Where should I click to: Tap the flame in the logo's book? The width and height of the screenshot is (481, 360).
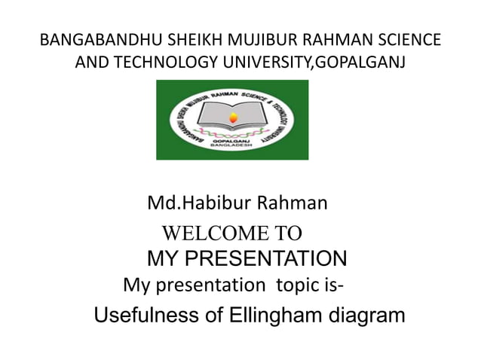pyautogui.click(x=232, y=116)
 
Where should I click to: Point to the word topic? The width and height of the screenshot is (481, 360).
pyautogui.click(x=300, y=285)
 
